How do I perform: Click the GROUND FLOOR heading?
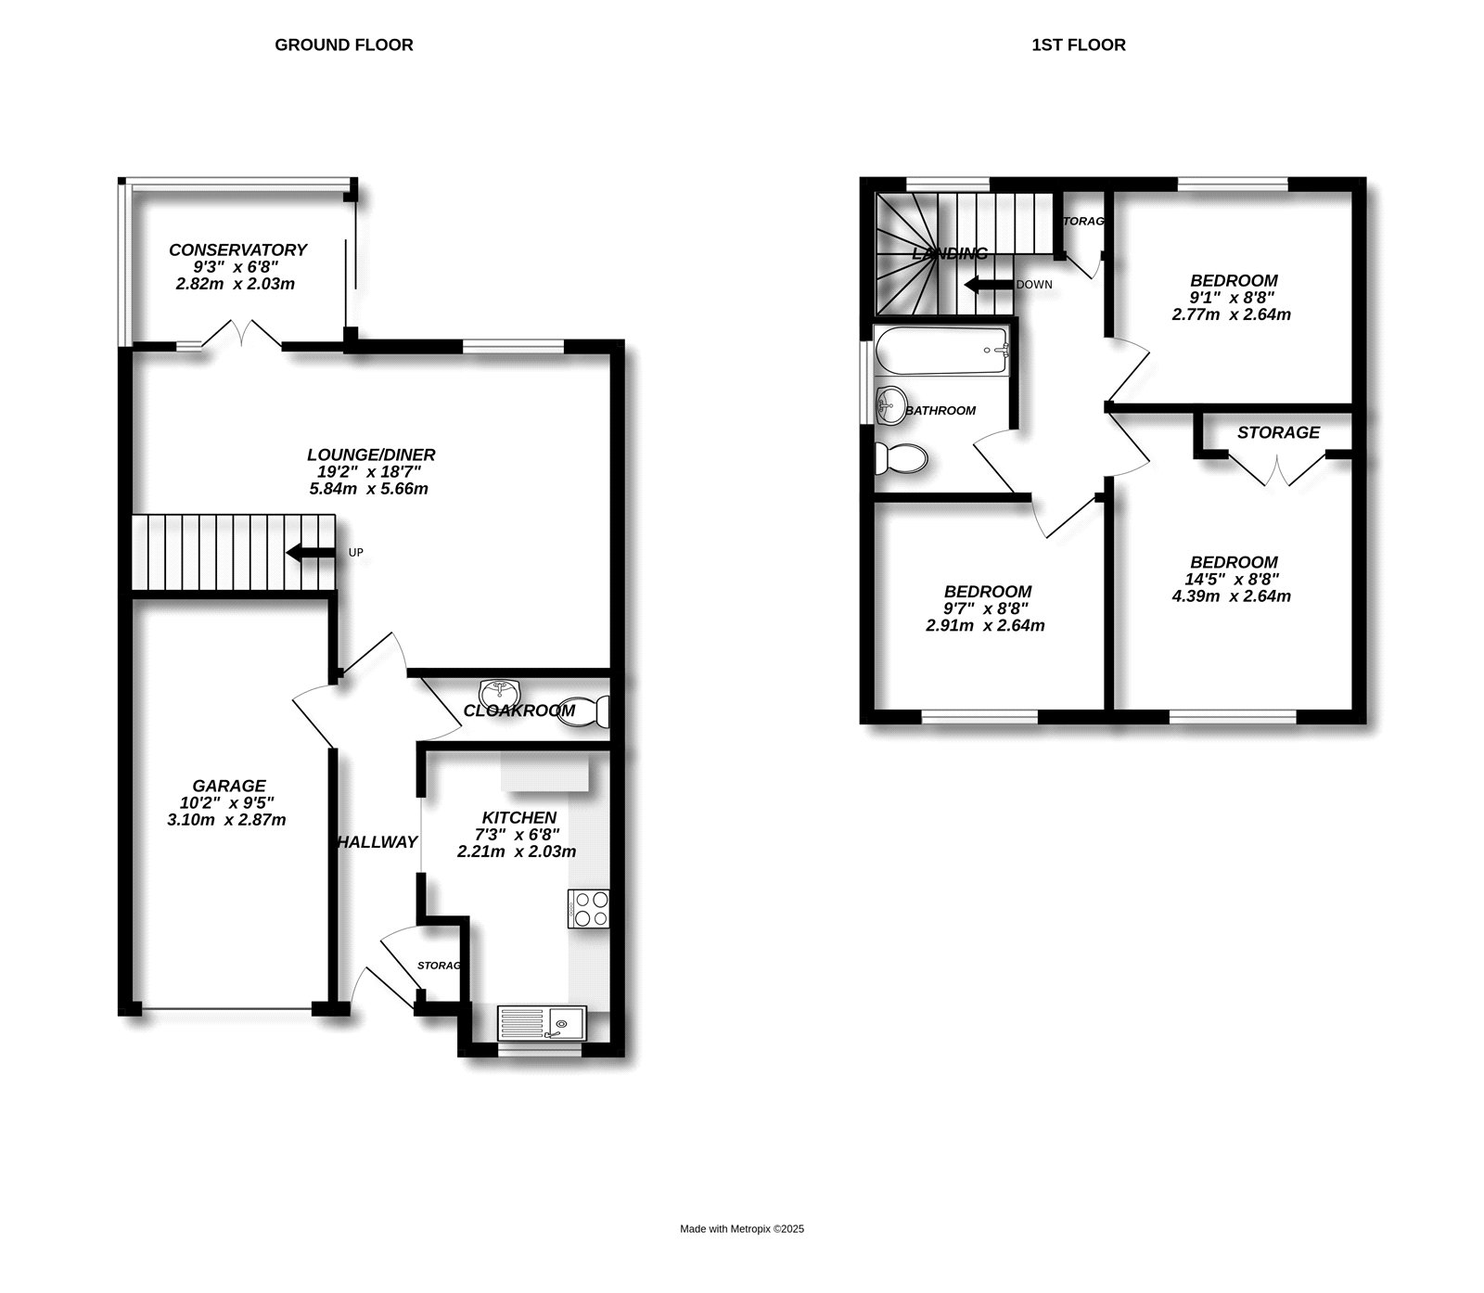[x=344, y=45]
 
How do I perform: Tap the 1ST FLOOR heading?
[x=1079, y=45]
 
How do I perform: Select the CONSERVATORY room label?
[x=237, y=250]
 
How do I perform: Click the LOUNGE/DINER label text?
[x=371, y=454]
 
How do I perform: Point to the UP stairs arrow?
[x=310, y=553]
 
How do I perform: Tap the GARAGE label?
[x=229, y=786]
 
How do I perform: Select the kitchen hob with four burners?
[x=589, y=909]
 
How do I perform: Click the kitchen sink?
[x=540, y=1024]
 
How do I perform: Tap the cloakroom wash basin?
[x=501, y=692]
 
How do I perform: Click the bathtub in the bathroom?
[x=941, y=350]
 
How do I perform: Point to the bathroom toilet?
[x=901, y=457]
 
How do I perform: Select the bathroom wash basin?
[x=890, y=404]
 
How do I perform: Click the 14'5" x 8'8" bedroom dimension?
[x=1234, y=579]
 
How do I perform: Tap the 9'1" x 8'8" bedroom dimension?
[x=1234, y=298]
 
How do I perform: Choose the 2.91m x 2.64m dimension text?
[x=986, y=625]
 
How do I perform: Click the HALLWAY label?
[x=377, y=842]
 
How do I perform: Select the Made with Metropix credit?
[x=742, y=1230]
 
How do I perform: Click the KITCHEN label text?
[x=519, y=817]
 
